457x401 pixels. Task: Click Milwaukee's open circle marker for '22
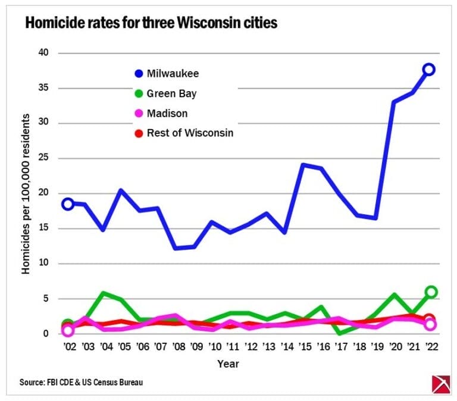428,70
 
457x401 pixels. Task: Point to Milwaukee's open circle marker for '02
68,204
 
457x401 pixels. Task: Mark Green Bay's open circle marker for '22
430,292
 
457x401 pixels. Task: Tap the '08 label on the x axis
177,347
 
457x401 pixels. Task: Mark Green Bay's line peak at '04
104,293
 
